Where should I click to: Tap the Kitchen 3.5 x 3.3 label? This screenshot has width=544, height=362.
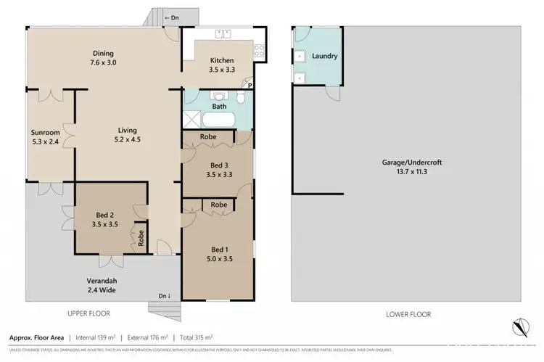221,65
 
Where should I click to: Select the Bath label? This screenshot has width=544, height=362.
219,107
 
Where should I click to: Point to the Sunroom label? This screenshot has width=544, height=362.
44,137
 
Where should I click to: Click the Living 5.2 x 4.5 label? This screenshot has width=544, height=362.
128,136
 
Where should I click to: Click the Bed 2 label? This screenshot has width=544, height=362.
106,220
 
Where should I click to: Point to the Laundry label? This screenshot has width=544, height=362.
325,56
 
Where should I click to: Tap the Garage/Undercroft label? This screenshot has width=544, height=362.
411,168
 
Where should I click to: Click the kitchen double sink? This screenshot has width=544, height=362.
223,33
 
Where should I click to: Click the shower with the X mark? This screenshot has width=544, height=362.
192,120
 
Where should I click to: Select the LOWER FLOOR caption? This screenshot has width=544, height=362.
408,314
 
